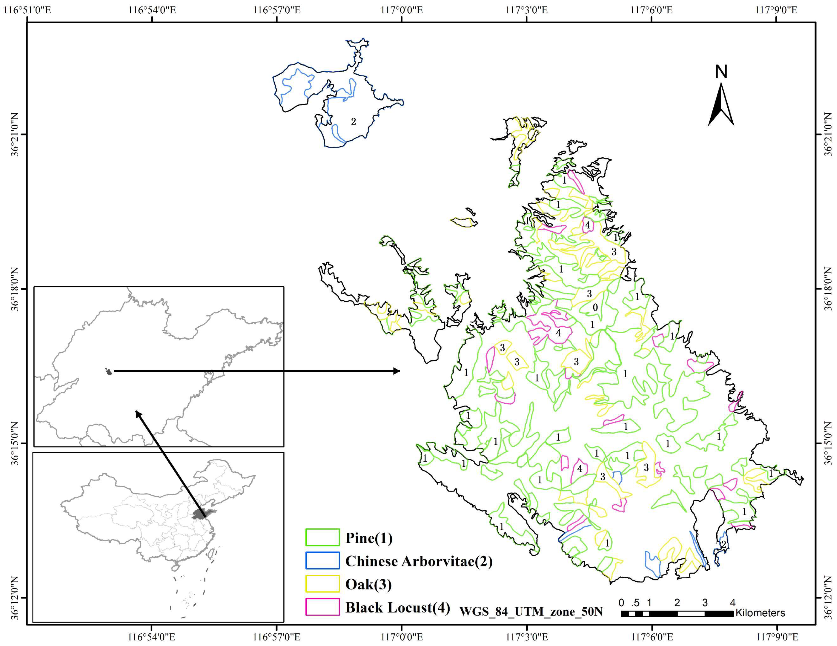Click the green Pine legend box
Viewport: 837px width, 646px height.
[x=322, y=537]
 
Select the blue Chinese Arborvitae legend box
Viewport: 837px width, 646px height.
[x=322, y=560]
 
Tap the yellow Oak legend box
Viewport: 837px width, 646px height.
[x=322, y=584]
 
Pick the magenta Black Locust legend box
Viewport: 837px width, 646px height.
[x=322, y=607]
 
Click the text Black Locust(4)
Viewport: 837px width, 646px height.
[x=397, y=607]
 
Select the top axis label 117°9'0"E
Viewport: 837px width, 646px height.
[x=776, y=10]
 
